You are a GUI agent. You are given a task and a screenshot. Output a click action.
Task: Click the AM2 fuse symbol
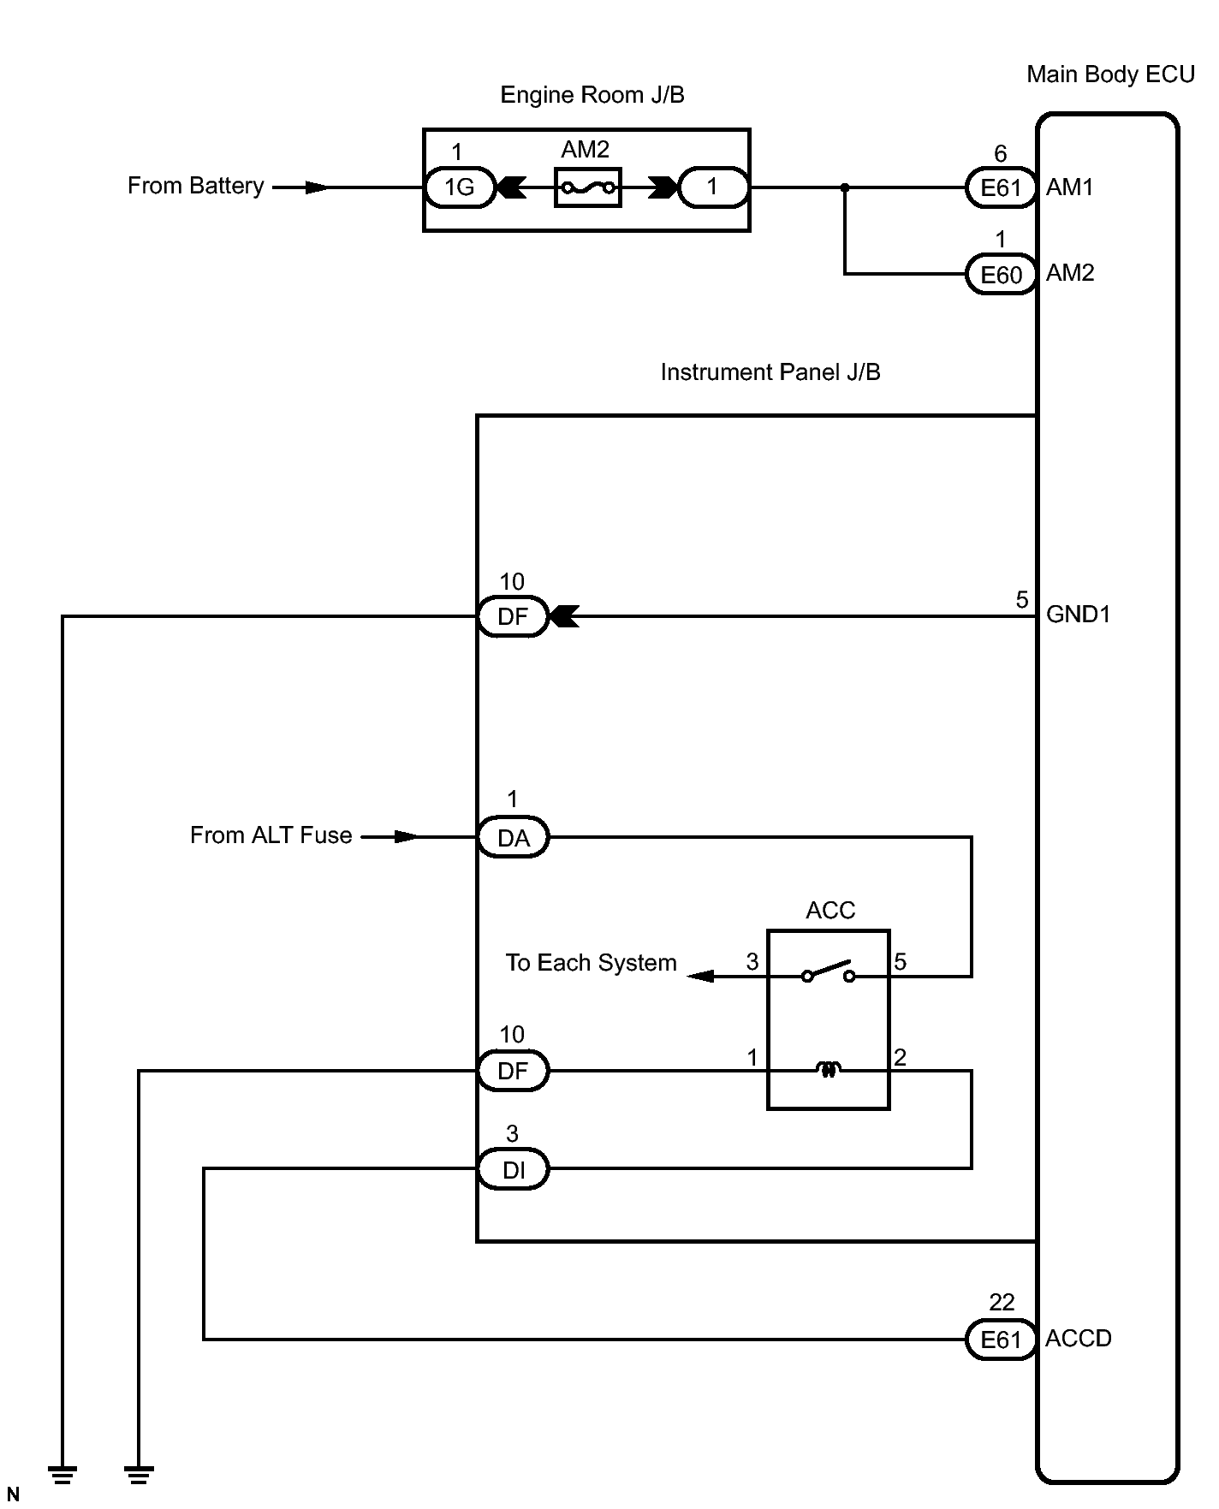click(588, 187)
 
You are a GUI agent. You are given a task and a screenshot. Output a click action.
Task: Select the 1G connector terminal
click(460, 187)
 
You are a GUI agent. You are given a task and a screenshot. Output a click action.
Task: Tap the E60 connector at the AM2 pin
click(1001, 275)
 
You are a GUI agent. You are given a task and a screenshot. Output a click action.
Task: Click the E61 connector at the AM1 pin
click(1001, 187)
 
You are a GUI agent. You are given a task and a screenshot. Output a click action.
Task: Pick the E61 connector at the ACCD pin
click(1001, 1340)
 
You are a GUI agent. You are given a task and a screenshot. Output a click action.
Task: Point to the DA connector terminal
click(513, 838)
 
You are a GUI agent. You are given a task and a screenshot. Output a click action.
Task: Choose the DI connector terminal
click(513, 1170)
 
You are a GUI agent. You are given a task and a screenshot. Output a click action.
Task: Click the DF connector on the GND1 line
click(513, 616)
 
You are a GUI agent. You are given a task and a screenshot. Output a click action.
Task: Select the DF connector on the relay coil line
click(513, 1071)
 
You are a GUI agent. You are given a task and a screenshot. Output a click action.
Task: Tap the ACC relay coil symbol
click(828, 1069)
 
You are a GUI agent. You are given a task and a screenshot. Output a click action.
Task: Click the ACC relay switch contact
click(828, 971)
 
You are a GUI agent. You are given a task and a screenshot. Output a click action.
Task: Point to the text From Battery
click(196, 186)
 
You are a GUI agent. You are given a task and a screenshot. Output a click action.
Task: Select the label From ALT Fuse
click(271, 835)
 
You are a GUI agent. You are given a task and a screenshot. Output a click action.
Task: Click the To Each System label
click(591, 963)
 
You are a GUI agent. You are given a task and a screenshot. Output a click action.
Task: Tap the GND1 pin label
click(1079, 615)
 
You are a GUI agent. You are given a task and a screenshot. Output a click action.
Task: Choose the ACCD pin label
click(1079, 1339)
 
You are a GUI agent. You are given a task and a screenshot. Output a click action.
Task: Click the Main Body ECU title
click(1110, 75)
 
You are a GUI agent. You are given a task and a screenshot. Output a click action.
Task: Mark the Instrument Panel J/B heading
click(770, 372)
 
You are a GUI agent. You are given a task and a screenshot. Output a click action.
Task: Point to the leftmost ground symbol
click(62, 1475)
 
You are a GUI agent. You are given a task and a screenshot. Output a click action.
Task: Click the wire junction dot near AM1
click(845, 187)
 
